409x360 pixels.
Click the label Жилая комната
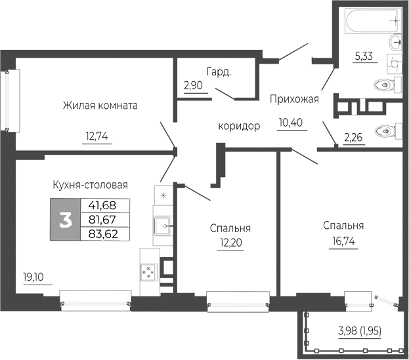(100, 106)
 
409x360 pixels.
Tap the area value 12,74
(96, 137)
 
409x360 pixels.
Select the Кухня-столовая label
(89, 185)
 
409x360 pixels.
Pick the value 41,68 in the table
(104, 205)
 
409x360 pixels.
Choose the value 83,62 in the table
(104, 233)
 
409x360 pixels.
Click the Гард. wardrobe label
(218, 72)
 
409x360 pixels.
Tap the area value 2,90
(194, 86)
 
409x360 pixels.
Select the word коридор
(240, 126)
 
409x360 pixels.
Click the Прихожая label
(294, 100)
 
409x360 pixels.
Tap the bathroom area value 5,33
(364, 57)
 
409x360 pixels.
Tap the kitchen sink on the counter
(161, 226)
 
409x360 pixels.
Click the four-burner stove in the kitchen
(150, 271)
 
